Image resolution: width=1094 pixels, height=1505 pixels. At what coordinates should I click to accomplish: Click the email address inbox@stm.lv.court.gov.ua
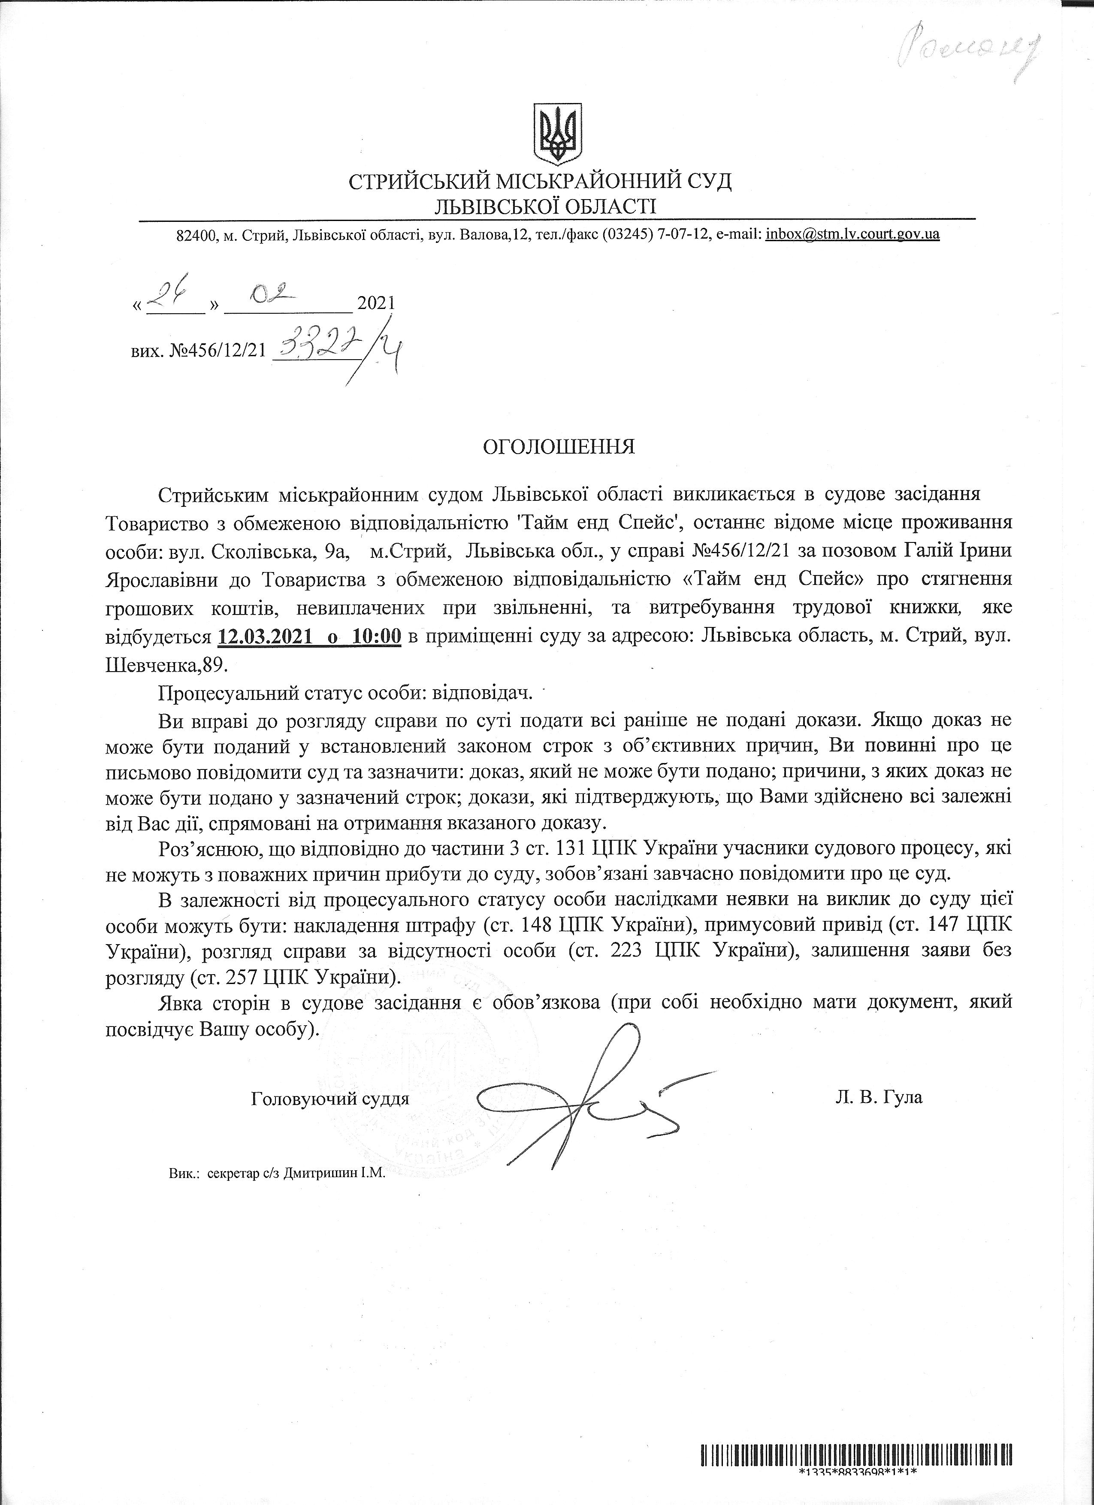click(852, 234)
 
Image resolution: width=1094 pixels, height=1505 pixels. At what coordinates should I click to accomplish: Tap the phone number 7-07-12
click(689, 234)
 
